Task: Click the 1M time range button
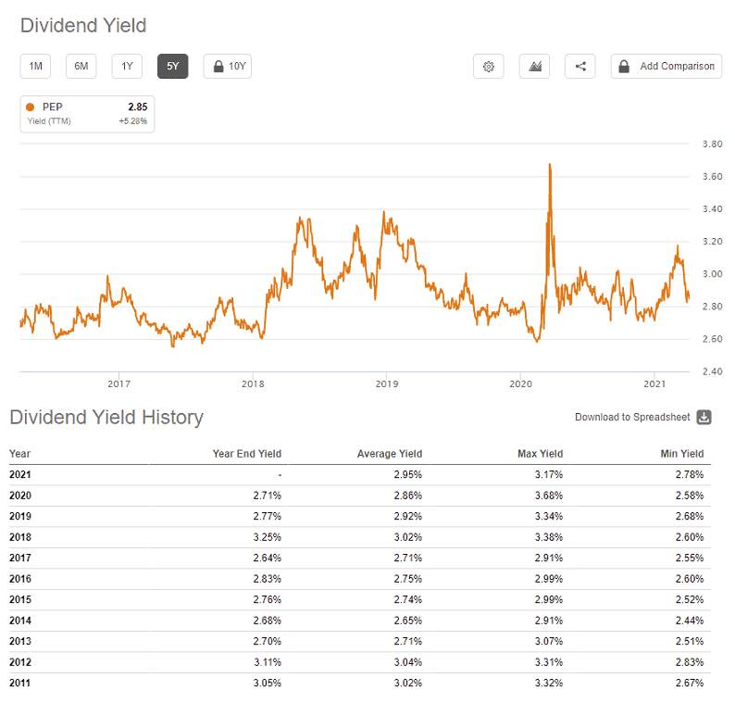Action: pos(35,66)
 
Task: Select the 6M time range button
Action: pos(81,66)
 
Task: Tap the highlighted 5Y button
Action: pos(172,66)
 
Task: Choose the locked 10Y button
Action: pos(228,66)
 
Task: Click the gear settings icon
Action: pos(489,66)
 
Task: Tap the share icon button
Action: pos(580,66)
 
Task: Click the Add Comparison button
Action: pos(666,66)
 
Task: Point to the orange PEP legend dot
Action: pos(30,107)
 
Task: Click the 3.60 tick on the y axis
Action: pos(712,176)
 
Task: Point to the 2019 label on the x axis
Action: pos(387,384)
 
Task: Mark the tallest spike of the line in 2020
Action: pos(550,164)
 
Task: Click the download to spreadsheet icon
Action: pos(704,417)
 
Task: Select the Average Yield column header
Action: pos(390,454)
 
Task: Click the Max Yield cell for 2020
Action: pos(548,496)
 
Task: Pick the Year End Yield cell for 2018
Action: pos(268,537)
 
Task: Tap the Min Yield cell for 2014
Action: pos(690,621)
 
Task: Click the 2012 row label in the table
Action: pos(20,662)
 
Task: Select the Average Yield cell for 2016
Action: pos(408,579)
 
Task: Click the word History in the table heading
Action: pos(172,418)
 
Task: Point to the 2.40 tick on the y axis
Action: pos(712,371)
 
